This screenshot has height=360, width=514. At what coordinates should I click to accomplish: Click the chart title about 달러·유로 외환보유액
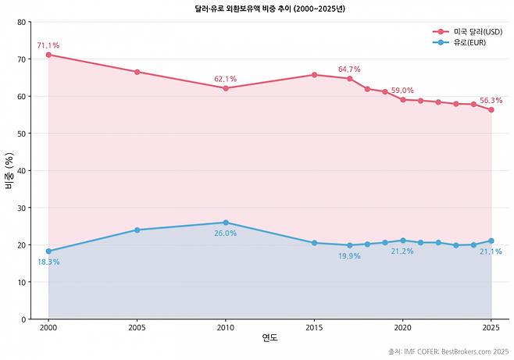pyautogui.click(x=270, y=9)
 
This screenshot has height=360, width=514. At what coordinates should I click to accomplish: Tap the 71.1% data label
pyautogui.click(x=48, y=45)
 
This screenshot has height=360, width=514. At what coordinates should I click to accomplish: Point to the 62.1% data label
pyautogui.click(x=225, y=79)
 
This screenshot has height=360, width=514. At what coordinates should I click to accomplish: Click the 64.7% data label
pyautogui.click(x=349, y=70)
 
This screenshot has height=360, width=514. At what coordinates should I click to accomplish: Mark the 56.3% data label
pyautogui.click(x=491, y=101)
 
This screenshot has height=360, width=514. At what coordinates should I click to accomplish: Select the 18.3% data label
pyautogui.click(x=48, y=262)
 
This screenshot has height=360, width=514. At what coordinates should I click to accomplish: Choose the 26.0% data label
pyautogui.click(x=225, y=233)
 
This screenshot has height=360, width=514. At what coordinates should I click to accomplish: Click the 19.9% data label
pyautogui.click(x=349, y=256)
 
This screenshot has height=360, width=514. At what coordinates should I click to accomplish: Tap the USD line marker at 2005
pyautogui.click(x=137, y=72)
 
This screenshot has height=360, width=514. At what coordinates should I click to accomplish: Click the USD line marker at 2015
pyautogui.click(x=314, y=75)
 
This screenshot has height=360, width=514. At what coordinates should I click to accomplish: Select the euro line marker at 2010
pyautogui.click(x=226, y=223)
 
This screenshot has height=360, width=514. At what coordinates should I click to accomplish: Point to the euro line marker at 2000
pyautogui.click(x=48, y=251)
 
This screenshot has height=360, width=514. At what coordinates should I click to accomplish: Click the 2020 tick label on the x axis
pyautogui.click(x=402, y=329)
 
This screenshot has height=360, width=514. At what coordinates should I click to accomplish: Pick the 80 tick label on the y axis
pyautogui.click(x=23, y=22)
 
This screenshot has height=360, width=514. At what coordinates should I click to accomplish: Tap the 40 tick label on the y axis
pyautogui.click(x=23, y=170)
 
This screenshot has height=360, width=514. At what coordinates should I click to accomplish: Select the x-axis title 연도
pyautogui.click(x=269, y=339)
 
